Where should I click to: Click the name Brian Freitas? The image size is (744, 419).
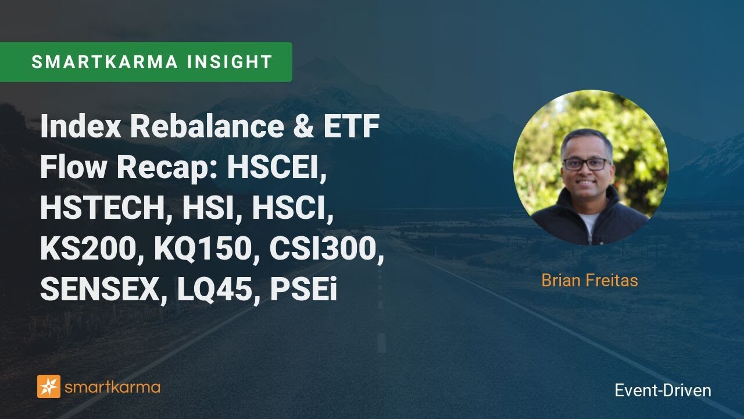tap(589, 280)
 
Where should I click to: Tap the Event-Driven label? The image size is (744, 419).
tap(663, 390)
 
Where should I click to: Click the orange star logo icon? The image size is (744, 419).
tap(49, 386)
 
